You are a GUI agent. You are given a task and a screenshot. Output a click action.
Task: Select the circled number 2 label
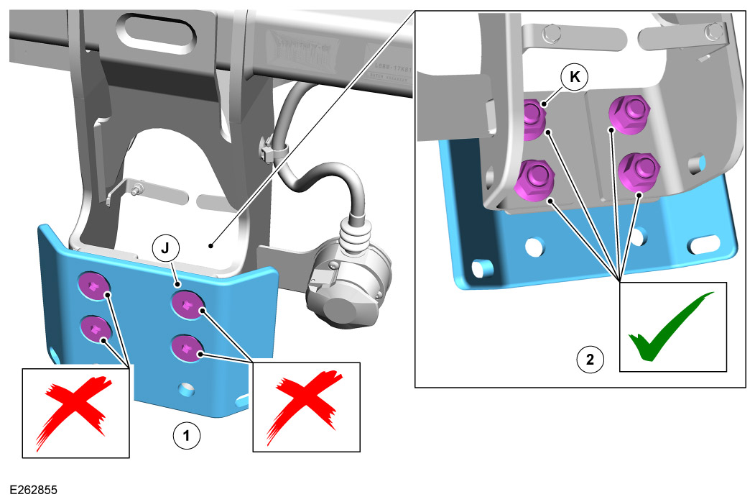[590, 359]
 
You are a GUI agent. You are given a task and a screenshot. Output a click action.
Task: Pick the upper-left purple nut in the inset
[532, 119]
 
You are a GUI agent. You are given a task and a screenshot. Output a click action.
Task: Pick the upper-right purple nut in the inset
[629, 112]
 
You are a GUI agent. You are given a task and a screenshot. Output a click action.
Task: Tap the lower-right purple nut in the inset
[639, 171]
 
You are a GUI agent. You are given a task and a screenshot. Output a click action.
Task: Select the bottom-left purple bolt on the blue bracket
[95, 329]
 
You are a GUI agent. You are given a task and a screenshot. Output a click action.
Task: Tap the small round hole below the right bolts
[186, 388]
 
